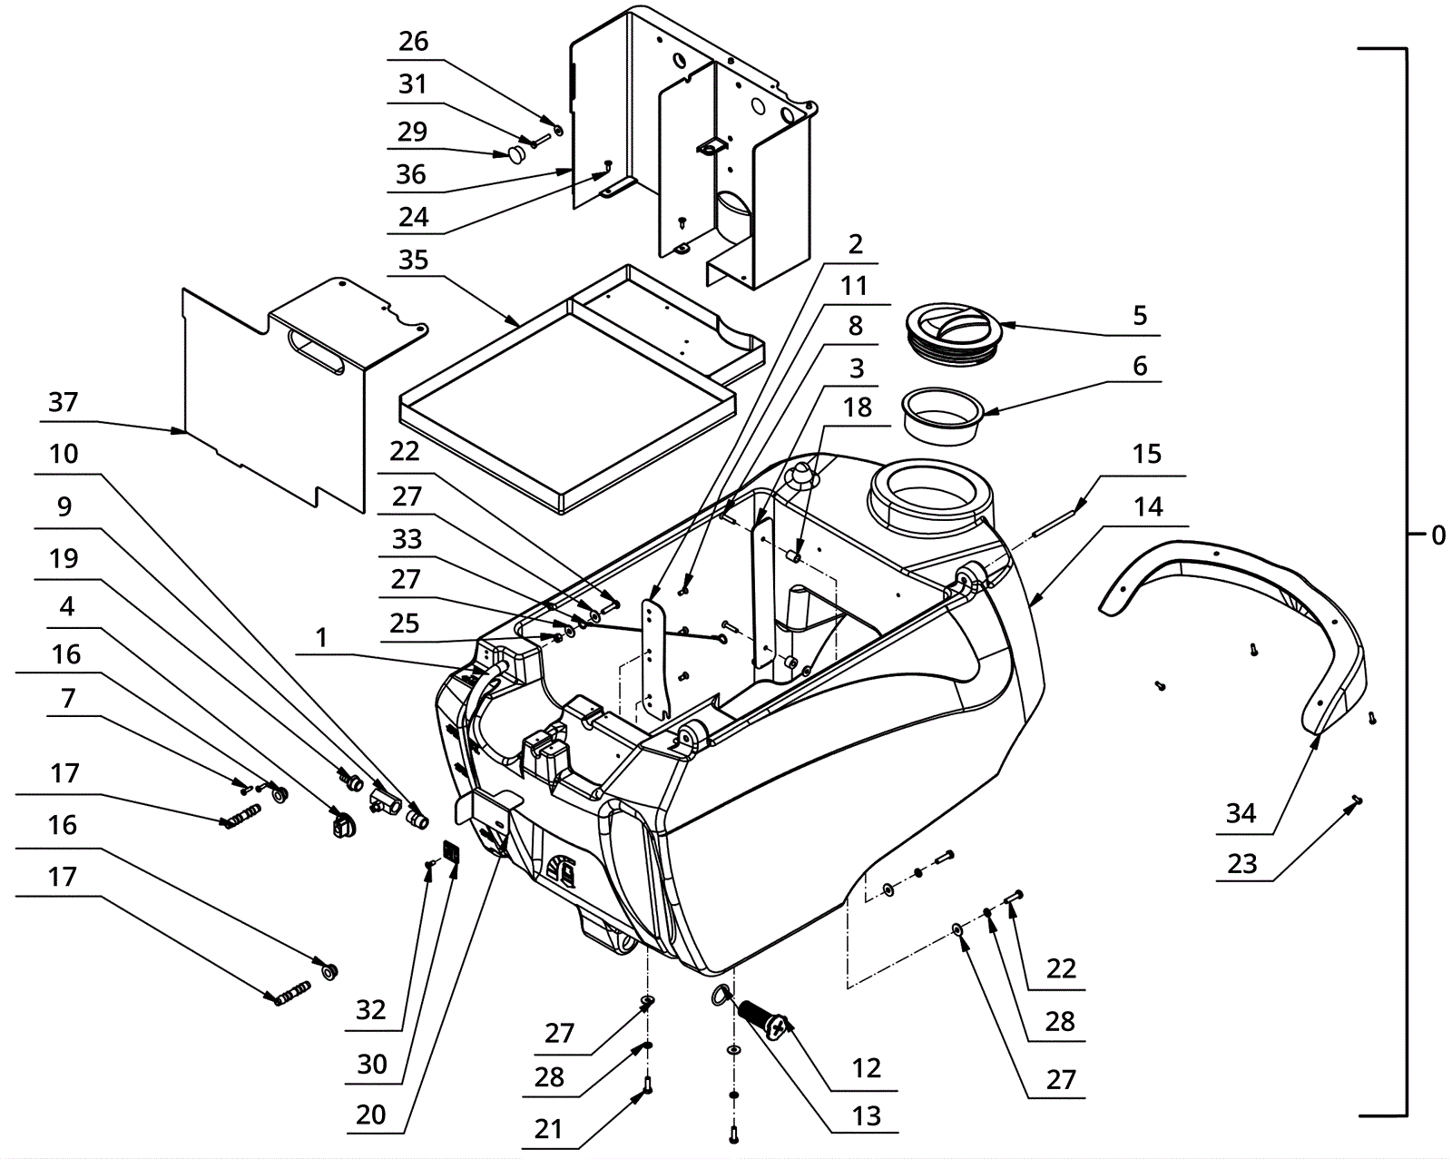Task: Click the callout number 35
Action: click(x=413, y=260)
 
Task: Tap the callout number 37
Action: click(x=63, y=402)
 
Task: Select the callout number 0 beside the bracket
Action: click(x=1437, y=535)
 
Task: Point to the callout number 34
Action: click(x=1241, y=813)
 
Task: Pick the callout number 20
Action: click(x=370, y=1115)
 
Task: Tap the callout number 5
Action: click(x=1140, y=315)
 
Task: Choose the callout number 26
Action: click(x=413, y=42)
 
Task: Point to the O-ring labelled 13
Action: click(x=721, y=995)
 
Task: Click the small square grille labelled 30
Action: click(x=451, y=851)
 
